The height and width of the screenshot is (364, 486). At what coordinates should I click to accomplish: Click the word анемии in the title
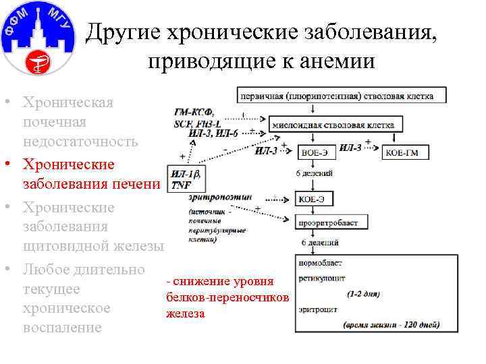[x=338, y=61]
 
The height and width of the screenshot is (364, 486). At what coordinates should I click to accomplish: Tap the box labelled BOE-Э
[x=315, y=153]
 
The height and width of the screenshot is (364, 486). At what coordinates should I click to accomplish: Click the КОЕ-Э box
[x=310, y=199]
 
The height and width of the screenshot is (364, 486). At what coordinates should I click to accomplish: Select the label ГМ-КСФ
[x=192, y=112]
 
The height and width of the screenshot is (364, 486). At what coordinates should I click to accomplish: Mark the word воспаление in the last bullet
[x=62, y=328]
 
